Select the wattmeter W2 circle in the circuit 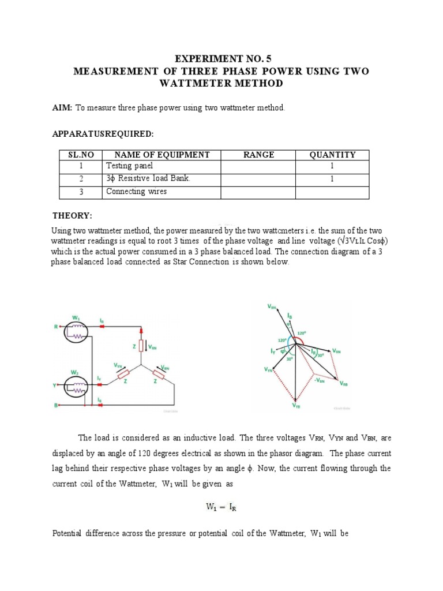pyautogui.click(x=76, y=386)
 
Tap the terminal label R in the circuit pyautogui.click(x=56, y=327)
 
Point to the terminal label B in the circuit pyautogui.click(x=56, y=406)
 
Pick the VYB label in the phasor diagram pyautogui.click(x=296, y=406)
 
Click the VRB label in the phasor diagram pyautogui.click(x=344, y=384)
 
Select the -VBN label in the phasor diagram pyautogui.click(x=321, y=380)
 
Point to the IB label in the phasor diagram pyautogui.click(x=289, y=316)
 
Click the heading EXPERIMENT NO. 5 pyautogui.click(x=221, y=59)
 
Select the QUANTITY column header pyautogui.click(x=332, y=155)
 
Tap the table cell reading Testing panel pyautogui.click(x=130, y=166)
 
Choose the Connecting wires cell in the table pyautogui.click(x=137, y=192)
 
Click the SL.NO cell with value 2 pyautogui.click(x=81, y=179)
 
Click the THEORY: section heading pyautogui.click(x=72, y=216)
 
